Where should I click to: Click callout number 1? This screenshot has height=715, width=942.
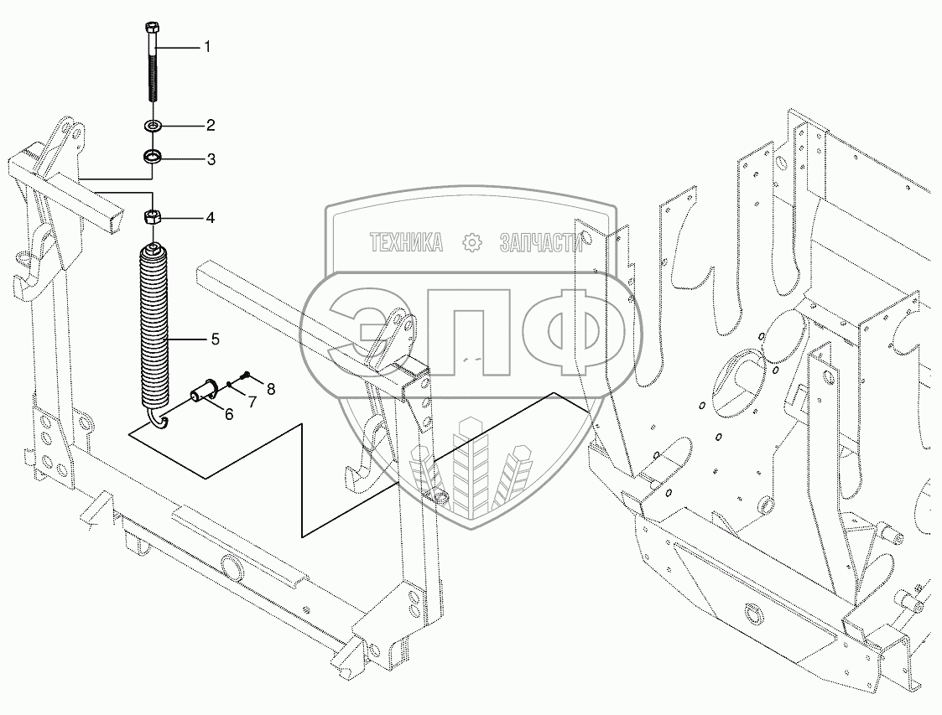207,46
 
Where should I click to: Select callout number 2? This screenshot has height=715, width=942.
211,125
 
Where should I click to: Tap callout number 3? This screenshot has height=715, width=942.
211,159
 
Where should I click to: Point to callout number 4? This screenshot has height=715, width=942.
211,217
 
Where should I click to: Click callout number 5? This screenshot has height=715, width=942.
215,339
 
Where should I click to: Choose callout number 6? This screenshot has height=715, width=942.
230,414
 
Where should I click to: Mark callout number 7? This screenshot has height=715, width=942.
252,402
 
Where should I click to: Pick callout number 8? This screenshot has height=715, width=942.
271,390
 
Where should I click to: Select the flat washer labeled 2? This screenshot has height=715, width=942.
153,126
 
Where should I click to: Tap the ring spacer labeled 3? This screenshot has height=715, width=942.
152,158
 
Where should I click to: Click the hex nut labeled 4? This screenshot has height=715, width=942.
153,217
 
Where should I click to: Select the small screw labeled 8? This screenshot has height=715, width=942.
245,376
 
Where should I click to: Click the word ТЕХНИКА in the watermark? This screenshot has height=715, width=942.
407,242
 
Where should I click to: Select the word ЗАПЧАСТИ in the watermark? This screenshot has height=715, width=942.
541,242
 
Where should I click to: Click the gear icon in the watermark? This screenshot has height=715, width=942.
473,242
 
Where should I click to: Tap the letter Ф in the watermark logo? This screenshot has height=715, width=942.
572,331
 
